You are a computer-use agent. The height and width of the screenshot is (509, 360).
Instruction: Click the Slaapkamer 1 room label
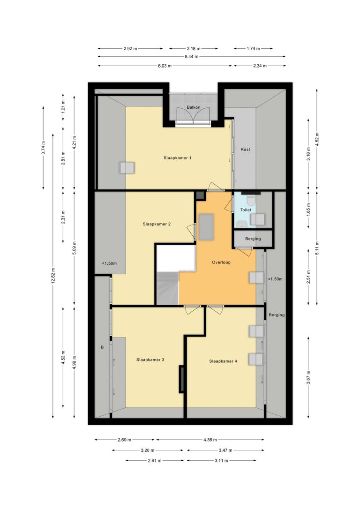(177, 158)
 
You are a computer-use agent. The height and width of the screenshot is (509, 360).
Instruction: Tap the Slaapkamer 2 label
(157, 224)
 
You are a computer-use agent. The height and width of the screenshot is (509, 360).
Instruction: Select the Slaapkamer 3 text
(150, 359)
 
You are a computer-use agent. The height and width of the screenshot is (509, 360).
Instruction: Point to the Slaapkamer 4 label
(223, 361)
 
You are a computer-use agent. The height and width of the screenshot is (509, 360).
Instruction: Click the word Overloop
(221, 262)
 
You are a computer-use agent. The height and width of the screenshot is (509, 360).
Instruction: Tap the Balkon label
(194, 107)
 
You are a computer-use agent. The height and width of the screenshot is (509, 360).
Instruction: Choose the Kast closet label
(246, 150)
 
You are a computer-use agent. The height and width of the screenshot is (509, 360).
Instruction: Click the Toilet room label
(246, 210)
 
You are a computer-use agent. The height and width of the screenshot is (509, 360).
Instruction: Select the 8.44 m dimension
(192, 57)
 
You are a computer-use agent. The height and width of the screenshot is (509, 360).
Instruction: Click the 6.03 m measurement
(165, 66)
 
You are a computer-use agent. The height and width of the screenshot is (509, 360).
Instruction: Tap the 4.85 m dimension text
(210, 440)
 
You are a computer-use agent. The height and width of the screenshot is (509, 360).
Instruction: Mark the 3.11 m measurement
(221, 461)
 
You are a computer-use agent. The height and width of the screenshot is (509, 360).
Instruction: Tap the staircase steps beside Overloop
(168, 289)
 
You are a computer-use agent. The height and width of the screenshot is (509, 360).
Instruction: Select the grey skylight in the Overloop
(206, 227)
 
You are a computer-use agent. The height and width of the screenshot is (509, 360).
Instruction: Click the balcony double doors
(193, 116)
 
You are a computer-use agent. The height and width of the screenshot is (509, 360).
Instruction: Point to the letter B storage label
(102, 347)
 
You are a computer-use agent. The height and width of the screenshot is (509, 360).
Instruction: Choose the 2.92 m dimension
(130, 49)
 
